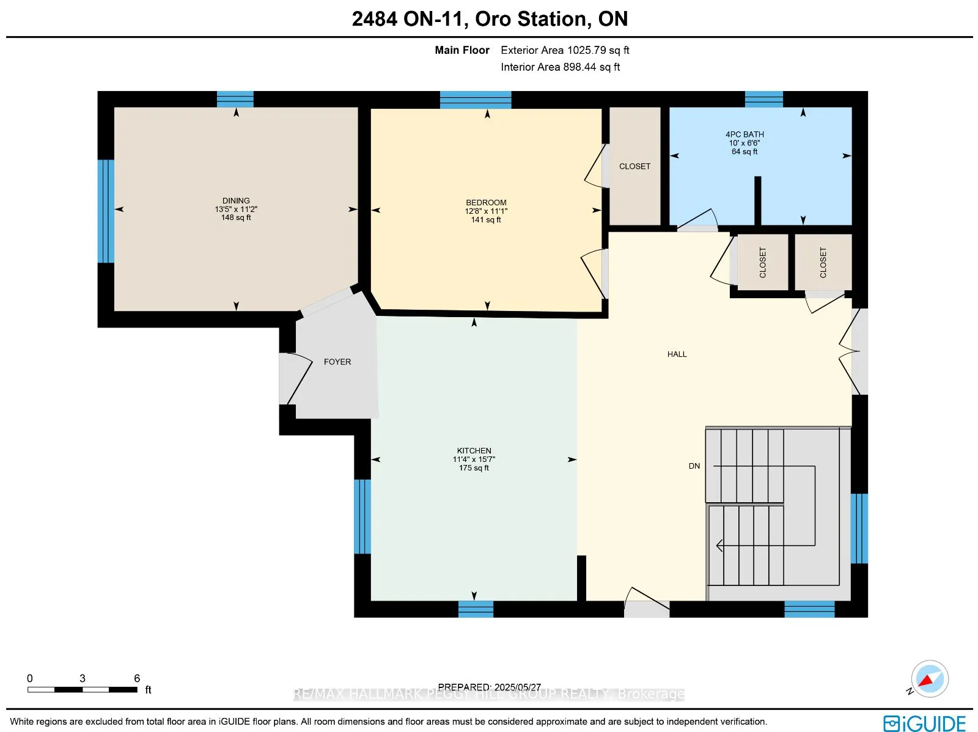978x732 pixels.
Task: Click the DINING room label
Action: [x=236, y=200]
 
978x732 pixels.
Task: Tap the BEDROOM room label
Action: [x=486, y=203]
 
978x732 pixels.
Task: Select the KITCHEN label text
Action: [x=474, y=450]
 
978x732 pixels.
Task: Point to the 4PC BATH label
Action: [x=744, y=134]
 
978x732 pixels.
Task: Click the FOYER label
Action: [x=337, y=362]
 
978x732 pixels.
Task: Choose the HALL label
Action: [x=677, y=354]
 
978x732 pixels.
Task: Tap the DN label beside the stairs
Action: [x=694, y=466]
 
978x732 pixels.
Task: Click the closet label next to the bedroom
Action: [x=634, y=167]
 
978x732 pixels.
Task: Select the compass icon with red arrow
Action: [x=929, y=679]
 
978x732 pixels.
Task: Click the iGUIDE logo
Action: [x=924, y=722]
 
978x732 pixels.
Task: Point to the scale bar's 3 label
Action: [x=83, y=678]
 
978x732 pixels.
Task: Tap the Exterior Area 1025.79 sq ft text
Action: [x=565, y=50]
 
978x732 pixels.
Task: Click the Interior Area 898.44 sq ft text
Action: [x=560, y=67]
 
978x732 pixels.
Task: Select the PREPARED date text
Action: [x=489, y=687]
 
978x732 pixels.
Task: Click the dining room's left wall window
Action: [x=106, y=211]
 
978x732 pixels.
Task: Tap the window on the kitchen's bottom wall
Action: [x=476, y=609]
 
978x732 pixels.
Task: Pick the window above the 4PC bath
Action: [x=763, y=100]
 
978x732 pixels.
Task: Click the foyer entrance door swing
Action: [x=295, y=378]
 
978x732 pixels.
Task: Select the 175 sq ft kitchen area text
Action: [x=474, y=468]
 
